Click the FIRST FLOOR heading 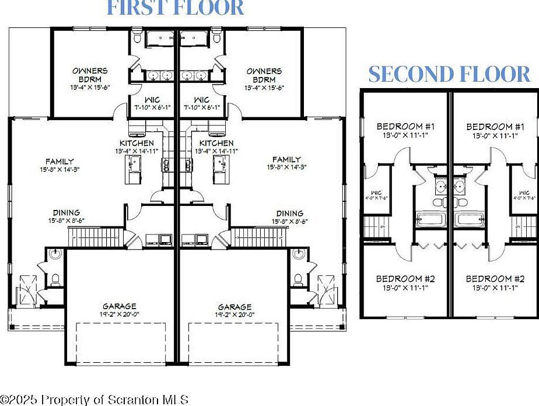click(176, 8)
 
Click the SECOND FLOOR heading click(449, 74)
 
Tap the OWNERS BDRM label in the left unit click(90, 75)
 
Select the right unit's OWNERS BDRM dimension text click(264, 87)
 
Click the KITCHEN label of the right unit click(216, 143)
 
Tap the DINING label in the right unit click(289, 213)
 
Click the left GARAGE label click(120, 306)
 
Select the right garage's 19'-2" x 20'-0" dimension click(235, 315)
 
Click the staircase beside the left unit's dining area click(93, 236)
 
